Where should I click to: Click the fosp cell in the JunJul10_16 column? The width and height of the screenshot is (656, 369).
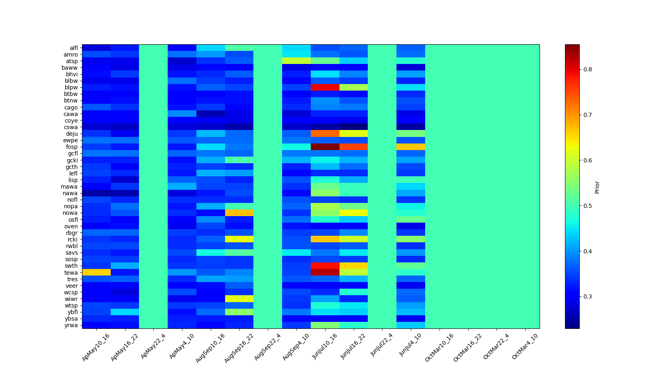click(325, 147)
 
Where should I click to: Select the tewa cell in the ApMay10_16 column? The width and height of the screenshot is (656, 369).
click(96, 272)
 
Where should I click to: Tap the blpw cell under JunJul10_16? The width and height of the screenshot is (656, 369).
click(325, 87)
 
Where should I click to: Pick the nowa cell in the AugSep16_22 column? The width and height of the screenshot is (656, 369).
click(239, 213)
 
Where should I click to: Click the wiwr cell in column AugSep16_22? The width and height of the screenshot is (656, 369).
click(239, 298)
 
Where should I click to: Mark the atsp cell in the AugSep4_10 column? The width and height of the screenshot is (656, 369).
click(296, 61)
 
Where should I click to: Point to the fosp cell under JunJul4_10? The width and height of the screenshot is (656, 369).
click(410, 147)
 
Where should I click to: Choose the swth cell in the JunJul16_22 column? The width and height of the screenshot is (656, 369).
click(353, 266)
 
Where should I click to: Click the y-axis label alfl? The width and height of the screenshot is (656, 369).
click(73, 48)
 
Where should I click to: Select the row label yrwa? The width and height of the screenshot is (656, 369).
click(73, 325)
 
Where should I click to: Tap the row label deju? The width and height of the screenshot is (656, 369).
click(73, 134)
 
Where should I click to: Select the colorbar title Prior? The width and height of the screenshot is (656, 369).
click(597, 187)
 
